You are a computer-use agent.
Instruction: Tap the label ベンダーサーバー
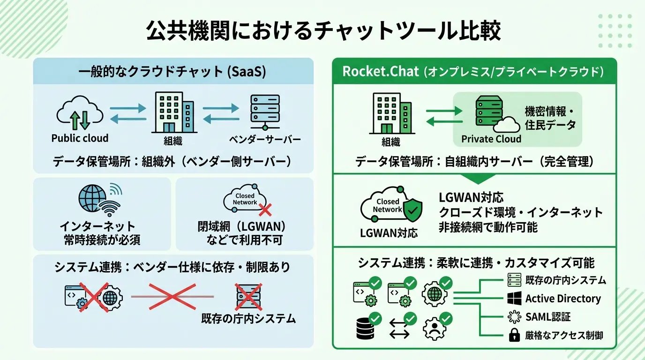point(265,140)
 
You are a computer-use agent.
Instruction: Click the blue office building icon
point(173,112)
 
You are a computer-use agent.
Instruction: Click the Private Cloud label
point(491,139)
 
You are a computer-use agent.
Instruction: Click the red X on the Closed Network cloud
point(266,209)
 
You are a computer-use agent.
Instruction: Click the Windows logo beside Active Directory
point(514,299)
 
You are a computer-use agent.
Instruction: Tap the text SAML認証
point(548,317)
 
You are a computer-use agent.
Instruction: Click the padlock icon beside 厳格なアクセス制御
point(514,335)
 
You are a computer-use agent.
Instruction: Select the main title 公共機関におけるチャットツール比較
point(323,32)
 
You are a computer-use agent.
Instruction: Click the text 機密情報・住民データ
point(550,119)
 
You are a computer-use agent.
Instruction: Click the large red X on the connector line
point(172,296)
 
